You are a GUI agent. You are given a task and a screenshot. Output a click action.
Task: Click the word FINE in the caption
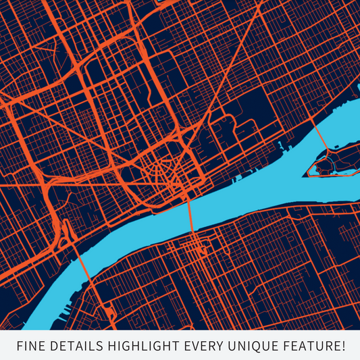[31, 346]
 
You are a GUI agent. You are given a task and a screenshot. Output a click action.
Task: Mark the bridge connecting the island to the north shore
[322, 136]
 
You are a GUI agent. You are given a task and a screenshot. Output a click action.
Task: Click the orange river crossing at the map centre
[191, 215]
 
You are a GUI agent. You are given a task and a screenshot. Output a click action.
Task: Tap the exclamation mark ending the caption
[342, 346]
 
